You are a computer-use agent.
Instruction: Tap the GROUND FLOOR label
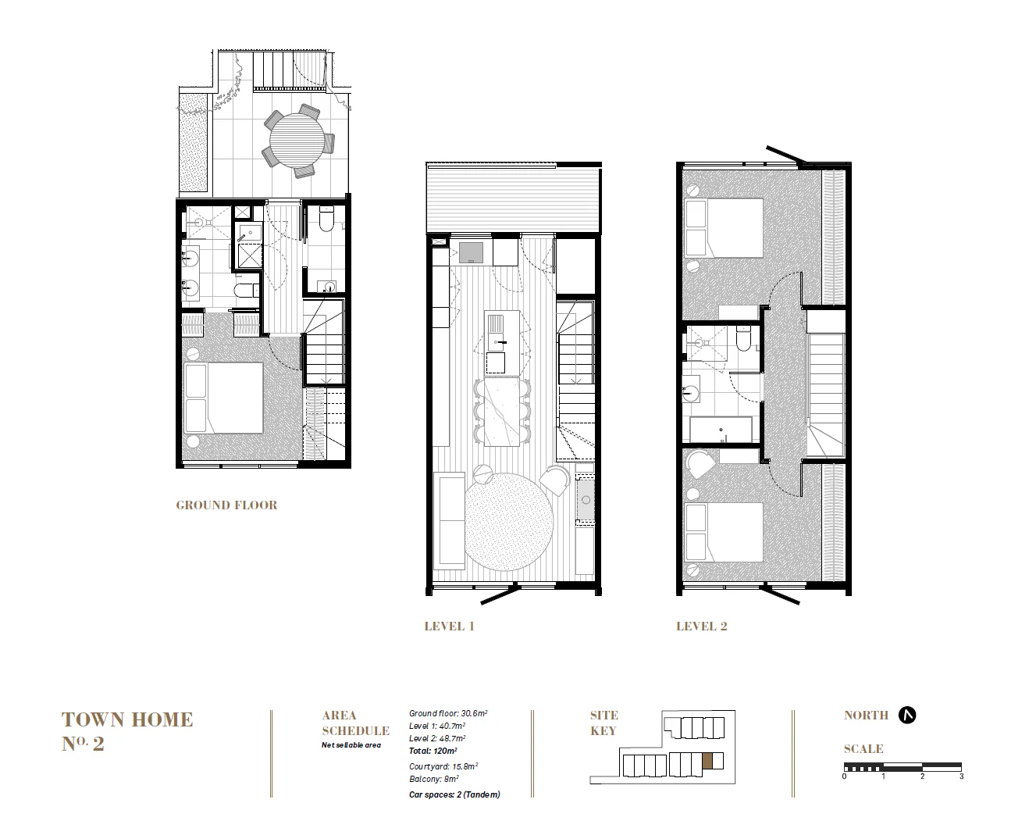[x=226, y=505]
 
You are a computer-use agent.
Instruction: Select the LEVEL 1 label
[x=449, y=626]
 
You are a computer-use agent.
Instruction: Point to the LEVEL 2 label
[x=701, y=626]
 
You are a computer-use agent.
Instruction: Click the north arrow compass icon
[x=906, y=715]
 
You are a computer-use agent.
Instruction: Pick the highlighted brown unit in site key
[x=707, y=762]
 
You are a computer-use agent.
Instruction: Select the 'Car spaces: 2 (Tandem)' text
[x=454, y=794]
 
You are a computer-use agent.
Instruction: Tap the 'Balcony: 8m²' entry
[x=433, y=778]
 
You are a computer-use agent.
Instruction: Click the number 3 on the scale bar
[x=961, y=776]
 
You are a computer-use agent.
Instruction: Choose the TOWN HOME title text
[x=127, y=719]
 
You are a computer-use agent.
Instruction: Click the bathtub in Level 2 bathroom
[x=720, y=429]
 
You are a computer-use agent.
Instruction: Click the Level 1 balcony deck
[x=513, y=199]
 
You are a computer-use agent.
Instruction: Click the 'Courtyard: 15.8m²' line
[x=443, y=766]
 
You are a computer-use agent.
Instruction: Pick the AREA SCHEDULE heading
[x=355, y=723]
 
